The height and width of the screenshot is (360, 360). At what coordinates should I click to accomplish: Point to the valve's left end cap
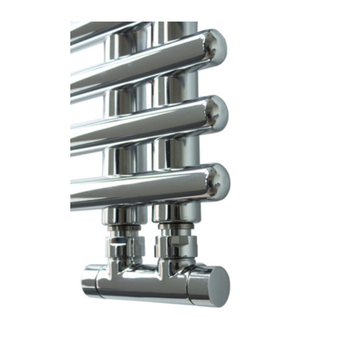(90, 280)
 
